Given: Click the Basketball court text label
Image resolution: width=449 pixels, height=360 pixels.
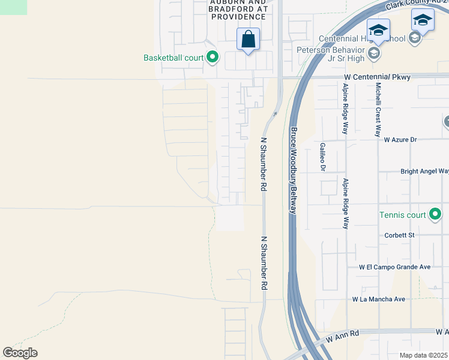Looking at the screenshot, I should coord(174,58).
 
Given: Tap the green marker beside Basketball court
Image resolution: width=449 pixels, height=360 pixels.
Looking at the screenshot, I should coord(212,58).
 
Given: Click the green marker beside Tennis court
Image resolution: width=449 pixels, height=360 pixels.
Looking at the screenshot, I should coord(435,214).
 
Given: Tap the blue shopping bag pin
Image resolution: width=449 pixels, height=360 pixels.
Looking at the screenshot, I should coord(248,40).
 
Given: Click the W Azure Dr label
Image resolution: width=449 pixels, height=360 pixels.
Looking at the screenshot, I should coord(396,140).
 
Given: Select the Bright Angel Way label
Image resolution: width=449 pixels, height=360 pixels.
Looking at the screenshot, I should coord(424,171).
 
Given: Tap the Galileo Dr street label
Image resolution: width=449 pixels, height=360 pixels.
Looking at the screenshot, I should coord(322,157).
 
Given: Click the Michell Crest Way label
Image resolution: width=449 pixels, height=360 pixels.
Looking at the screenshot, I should coord(378,110).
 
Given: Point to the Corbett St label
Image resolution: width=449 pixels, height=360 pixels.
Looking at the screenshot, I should coord(400,235).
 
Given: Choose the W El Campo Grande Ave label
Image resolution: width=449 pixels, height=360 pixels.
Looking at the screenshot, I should coord(395,266).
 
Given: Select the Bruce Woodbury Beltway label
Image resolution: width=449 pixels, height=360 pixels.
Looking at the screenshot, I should coord(293,170).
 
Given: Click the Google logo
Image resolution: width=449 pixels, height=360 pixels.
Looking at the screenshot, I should coord(20,353).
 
